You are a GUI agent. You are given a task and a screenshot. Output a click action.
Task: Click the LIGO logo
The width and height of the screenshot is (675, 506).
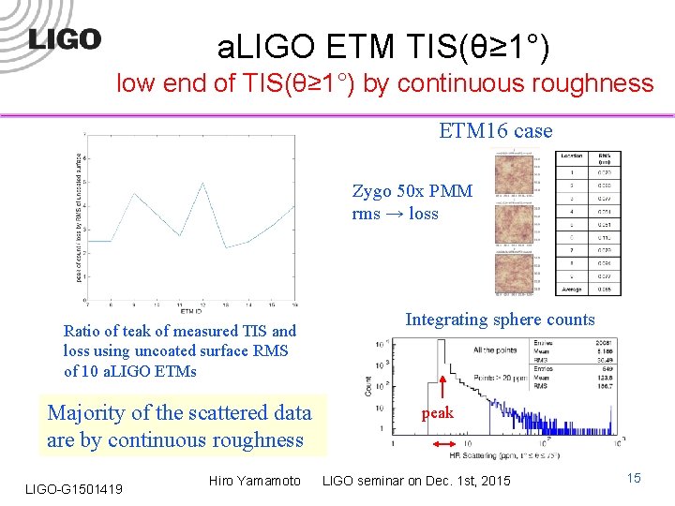(64, 39)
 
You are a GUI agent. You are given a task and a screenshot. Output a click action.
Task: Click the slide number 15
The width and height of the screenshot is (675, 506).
(634, 479)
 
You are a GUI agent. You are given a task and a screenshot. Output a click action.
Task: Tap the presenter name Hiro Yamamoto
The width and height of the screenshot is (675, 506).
(255, 481)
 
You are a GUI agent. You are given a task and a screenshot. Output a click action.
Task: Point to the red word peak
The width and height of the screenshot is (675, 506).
(437, 412)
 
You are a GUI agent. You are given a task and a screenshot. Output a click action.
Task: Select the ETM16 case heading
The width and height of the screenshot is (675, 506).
(495, 131)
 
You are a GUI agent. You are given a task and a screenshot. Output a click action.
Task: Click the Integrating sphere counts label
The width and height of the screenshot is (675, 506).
(500, 320)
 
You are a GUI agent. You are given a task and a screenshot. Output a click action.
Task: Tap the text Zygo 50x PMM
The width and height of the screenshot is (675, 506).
(412, 191)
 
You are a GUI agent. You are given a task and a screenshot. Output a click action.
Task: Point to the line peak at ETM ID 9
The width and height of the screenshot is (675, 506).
(134, 194)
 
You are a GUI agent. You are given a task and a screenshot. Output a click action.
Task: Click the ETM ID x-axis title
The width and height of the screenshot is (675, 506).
(190, 310)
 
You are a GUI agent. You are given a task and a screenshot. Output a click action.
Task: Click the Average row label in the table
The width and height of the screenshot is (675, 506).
(572, 290)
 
